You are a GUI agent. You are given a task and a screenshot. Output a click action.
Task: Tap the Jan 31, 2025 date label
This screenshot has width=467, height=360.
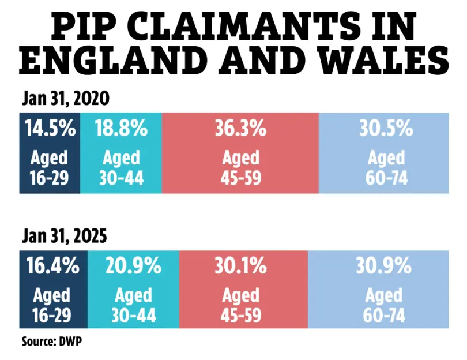pos(65,237)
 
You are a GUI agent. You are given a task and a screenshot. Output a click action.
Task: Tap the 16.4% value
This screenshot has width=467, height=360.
pos(53,266)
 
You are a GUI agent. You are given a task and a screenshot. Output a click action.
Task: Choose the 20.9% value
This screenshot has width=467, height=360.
pos(133,266)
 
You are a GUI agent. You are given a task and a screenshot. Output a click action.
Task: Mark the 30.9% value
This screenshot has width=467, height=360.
pos(385,266)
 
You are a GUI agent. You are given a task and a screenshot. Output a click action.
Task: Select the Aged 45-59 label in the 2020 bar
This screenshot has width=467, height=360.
pos(240,167)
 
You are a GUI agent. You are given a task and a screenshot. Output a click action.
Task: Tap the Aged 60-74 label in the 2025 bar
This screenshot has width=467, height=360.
pos(385,305)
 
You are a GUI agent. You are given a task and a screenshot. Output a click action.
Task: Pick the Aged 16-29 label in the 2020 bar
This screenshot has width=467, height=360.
pos(50,167)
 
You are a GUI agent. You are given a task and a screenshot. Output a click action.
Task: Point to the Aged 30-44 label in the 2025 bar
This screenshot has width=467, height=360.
pos(133,305)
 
